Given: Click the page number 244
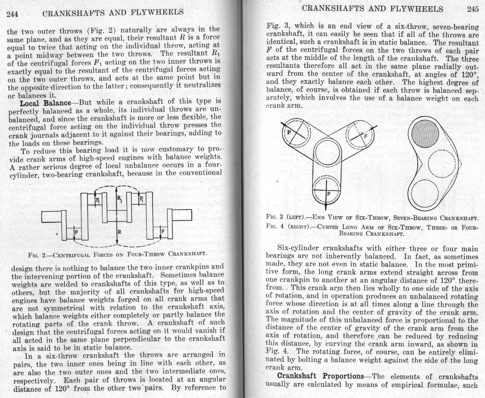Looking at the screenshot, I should click(x=12, y=14).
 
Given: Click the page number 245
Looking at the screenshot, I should click(x=473, y=9).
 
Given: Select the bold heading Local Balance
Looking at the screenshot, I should click(x=45, y=103).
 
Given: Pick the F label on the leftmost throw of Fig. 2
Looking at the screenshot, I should click(x=76, y=232).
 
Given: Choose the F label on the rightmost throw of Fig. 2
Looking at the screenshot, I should click(x=163, y=231).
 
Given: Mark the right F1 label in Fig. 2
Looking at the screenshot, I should click(x=141, y=199).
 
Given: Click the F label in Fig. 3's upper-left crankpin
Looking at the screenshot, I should click(x=289, y=133).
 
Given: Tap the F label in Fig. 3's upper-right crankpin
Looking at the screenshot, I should click(x=365, y=136).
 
